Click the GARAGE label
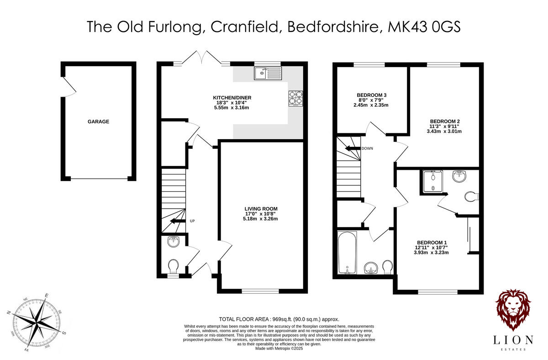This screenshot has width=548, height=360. (98, 122)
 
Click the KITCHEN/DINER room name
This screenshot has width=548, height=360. (232, 98)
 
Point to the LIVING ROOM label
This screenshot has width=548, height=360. (260, 209)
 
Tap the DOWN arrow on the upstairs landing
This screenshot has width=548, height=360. (352, 148)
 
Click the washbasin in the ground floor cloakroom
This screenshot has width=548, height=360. (174, 241)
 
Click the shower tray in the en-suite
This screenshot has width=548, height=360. (430, 182)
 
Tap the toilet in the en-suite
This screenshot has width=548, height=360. (470, 197)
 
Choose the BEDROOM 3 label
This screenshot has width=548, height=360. (369, 95)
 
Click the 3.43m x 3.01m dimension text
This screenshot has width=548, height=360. (444, 131)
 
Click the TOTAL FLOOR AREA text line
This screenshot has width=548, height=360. (279, 319)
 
